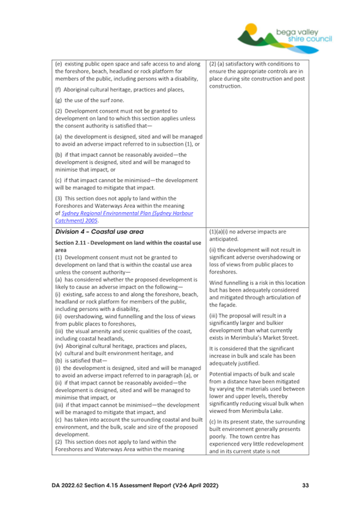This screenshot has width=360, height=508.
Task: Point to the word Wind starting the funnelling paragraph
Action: coord(216,282)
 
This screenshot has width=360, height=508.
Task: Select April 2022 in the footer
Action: coord(200,486)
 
